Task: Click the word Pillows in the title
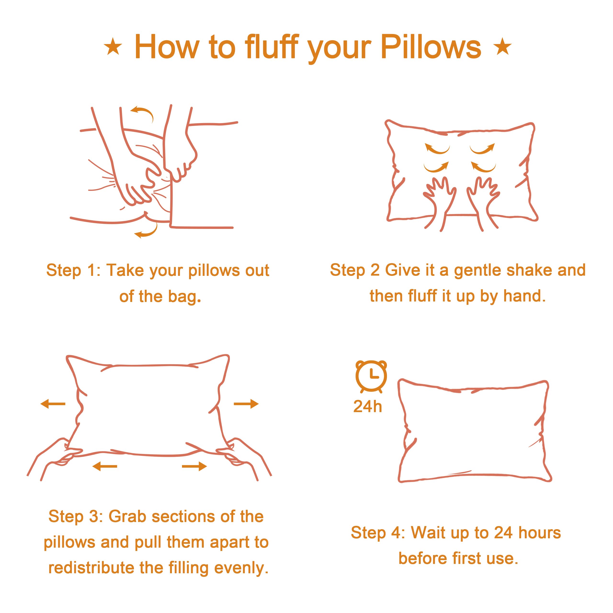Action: coord(431,48)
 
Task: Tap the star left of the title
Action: coord(113,47)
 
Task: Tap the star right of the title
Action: coord(502,47)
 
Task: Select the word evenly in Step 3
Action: coord(241,568)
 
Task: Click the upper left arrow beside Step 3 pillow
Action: coord(53,404)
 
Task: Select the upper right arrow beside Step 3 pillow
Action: coord(246,404)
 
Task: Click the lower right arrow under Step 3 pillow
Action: coord(194,466)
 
